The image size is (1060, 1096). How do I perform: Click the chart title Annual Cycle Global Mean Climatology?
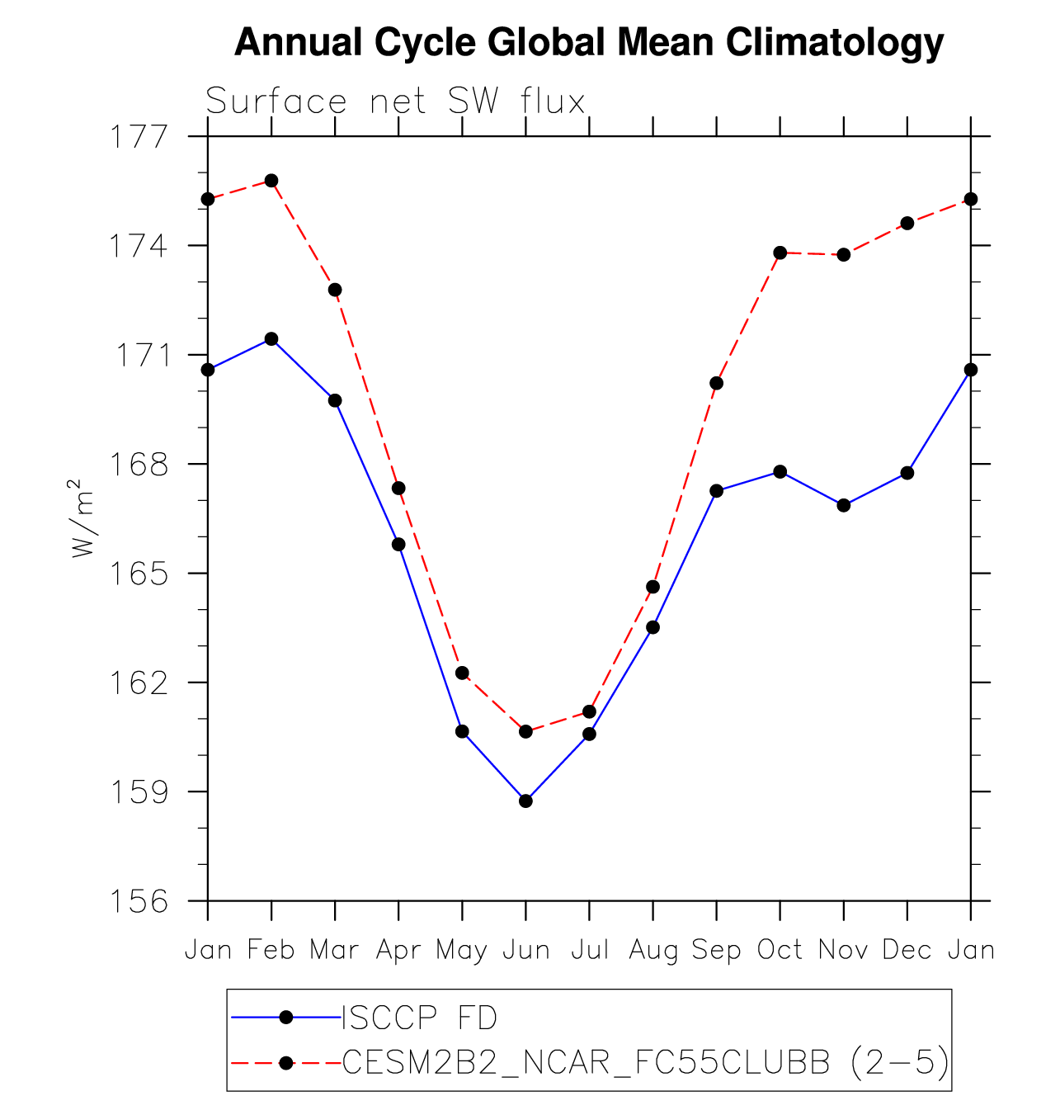tap(589, 42)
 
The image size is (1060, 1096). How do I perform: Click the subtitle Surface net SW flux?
tap(395, 102)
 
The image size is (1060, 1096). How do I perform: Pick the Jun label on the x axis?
tap(526, 950)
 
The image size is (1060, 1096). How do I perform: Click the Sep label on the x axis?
tap(716, 950)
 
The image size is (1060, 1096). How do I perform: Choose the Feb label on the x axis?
tap(271, 950)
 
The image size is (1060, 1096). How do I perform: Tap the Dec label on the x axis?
tap(907, 950)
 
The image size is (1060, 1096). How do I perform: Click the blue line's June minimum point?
tap(526, 801)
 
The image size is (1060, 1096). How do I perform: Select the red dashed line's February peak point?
tap(271, 181)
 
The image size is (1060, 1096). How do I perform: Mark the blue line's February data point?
tap(271, 338)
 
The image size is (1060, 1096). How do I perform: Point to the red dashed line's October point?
tap(780, 253)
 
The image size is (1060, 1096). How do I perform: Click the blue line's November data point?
tap(844, 505)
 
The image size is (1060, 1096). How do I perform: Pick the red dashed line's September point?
tap(717, 383)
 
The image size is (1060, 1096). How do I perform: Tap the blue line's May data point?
tap(462, 731)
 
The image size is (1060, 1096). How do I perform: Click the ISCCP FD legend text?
tap(420, 1018)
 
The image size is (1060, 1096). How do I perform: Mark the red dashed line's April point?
tap(398, 489)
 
